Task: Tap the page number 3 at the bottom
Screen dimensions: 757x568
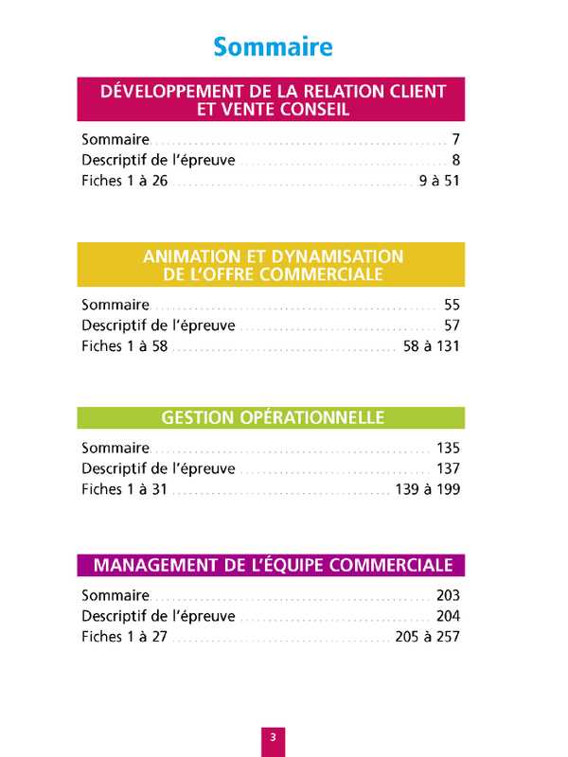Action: (272, 737)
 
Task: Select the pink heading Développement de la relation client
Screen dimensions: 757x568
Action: (272, 100)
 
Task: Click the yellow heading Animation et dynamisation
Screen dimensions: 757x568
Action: (272, 265)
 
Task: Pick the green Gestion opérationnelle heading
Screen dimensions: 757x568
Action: (272, 417)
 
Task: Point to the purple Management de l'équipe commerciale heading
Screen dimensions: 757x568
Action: (272, 565)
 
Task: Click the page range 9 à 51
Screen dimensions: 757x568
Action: (438, 181)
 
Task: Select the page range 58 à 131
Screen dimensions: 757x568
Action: (431, 346)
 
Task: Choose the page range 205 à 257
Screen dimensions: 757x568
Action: (427, 637)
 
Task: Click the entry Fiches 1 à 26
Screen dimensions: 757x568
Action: (124, 181)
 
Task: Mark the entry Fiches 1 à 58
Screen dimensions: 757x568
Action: (124, 346)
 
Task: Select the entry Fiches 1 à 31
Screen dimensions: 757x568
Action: (124, 489)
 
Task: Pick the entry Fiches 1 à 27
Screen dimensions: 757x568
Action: (124, 637)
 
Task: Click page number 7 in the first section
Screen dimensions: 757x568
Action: (455, 139)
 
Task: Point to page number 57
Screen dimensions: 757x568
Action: (451, 326)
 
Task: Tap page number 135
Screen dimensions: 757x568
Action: (447, 448)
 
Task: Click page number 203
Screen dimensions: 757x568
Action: (447, 595)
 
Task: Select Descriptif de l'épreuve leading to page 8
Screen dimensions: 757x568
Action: (158, 160)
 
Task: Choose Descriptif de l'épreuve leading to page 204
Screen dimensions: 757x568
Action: (158, 616)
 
